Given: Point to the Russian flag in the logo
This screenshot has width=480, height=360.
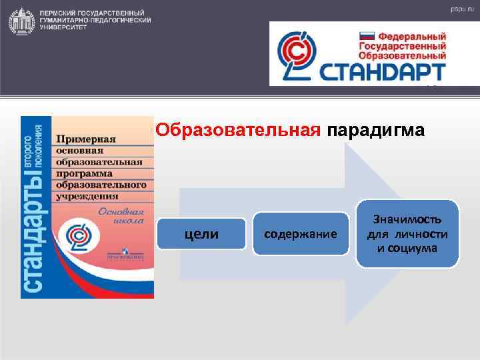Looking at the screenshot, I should tap(367, 38).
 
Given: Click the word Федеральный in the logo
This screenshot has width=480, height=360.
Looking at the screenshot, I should tap(412, 36).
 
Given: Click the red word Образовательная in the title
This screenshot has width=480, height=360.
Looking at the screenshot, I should tap(238, 130).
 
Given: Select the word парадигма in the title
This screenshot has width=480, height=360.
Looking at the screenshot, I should tap(375, 130).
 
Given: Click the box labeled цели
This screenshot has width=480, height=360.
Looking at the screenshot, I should tap(201, 234).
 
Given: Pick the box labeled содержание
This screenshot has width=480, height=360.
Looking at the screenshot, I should tap(301, 234).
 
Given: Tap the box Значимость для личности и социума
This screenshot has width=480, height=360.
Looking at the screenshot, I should tap(407, 234).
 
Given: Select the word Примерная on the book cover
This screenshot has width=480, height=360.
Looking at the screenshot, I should tap(85, 139).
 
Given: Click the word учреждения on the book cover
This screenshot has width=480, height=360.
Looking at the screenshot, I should tap(87, 196).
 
